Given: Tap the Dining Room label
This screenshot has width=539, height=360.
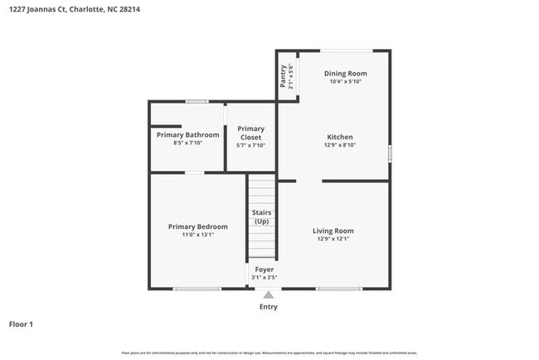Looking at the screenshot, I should click(x=345, y=74).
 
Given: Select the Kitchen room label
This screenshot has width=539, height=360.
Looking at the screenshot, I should click(x=340, y=137).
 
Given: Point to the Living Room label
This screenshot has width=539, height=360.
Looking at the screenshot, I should click(x=333, y=231).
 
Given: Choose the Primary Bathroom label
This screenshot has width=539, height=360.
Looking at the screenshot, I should click(x=188, y=134).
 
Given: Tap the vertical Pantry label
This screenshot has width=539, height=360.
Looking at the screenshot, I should click(x=284, y=76).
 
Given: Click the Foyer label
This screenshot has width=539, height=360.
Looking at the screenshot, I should click(x=264, y=270).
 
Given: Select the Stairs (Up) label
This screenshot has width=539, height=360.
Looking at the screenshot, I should click(x=261, y=217).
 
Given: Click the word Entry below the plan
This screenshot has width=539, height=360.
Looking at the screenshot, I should click(x=269, y=307).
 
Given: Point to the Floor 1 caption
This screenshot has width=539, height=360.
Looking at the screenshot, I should click(x=21, y=324).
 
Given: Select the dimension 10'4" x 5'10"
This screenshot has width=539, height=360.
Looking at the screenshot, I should click(x=345, y=82).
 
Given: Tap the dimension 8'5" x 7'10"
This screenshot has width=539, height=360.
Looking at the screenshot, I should click(x=188, y=143).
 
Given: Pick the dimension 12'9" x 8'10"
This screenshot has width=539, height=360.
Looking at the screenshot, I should click(x=340, y=145).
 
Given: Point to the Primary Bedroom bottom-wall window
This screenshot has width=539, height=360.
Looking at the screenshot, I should click(x=197, y=289).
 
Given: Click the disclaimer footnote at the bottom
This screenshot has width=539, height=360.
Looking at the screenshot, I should click(x=269, y=353).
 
